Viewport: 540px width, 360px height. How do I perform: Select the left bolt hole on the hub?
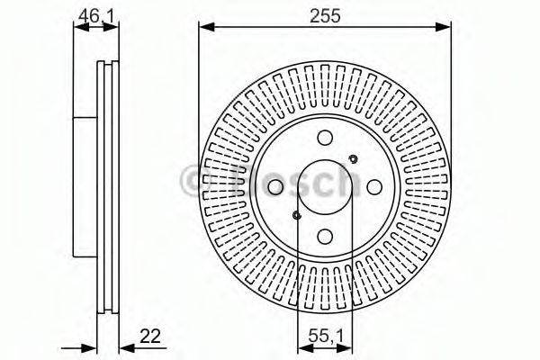[275, 186]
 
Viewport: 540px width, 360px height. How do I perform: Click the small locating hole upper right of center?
[353, 160]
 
